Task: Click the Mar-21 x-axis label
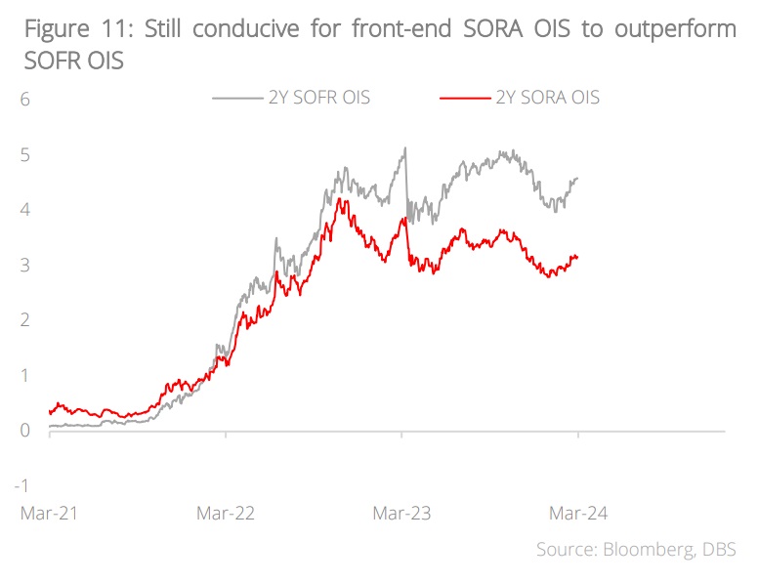pos(49,513)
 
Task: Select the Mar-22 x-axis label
pos(226,513)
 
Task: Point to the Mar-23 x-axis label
pos(402,513)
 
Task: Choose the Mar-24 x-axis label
pos(578,513)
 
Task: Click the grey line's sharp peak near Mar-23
pos(404,148)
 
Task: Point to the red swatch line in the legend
pos(464,98)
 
